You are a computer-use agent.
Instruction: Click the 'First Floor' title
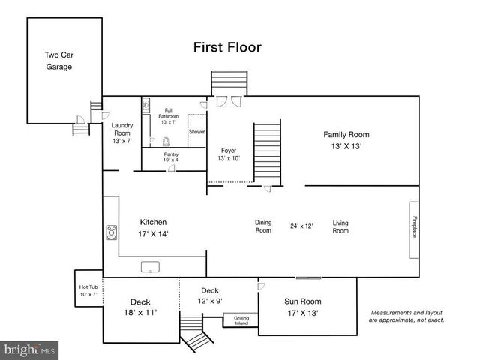(x=227, y=48)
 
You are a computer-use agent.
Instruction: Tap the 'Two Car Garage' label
(x=58, y=61)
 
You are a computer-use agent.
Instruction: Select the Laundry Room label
(x=121, y=133)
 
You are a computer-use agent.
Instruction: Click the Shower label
(x=196, y=132)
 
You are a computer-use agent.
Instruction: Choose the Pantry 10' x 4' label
(x=170, y=157)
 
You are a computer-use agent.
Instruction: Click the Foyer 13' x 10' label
(x=229, y=154)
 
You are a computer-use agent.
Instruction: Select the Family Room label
(x=346, y=140)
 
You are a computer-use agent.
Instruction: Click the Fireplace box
(x=413, y=227)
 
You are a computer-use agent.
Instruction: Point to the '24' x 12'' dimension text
(x=301, y=226)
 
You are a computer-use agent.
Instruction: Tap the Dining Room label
(x=263, y=226)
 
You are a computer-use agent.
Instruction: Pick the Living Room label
(x=340, y=226)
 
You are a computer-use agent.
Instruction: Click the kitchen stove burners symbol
(x=112, y=232)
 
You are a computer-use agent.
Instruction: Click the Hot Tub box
(x=88, y=289)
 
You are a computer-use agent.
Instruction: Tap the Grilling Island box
(x=241, y=320)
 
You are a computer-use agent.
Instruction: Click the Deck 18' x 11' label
(x=140, y=307)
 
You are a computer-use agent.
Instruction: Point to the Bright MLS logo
(x=30, y=349)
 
